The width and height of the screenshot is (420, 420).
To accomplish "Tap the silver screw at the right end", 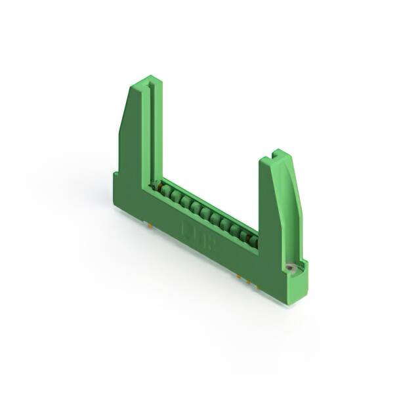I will [x=289, y=268].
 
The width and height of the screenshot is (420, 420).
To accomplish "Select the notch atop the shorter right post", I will [x=275, y=156].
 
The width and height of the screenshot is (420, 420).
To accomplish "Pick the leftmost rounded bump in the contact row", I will [x=166, y=192].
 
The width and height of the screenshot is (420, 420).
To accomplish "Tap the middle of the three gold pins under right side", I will [x=247, y=281].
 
